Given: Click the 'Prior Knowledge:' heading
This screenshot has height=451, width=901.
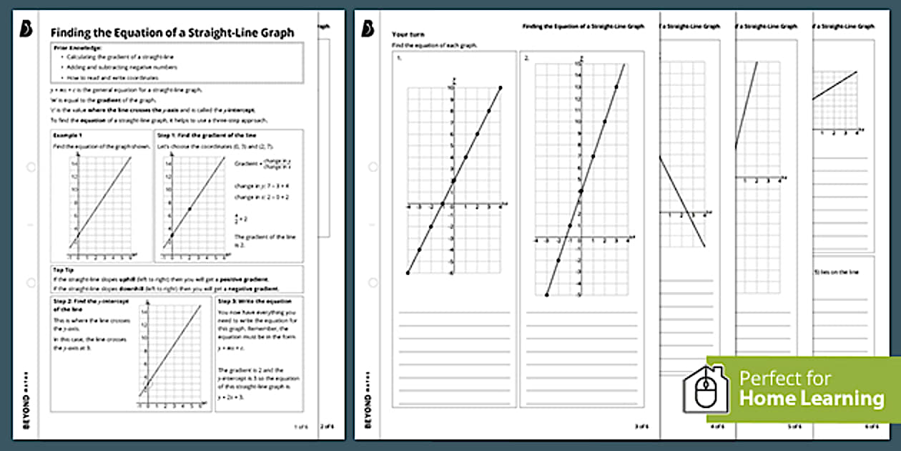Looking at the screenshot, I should (79, 48).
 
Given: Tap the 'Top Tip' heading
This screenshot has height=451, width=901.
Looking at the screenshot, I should (63, 270).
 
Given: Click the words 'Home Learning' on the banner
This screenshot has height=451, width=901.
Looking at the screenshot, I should (812, 398).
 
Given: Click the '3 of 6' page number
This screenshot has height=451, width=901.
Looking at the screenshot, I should (639, 427).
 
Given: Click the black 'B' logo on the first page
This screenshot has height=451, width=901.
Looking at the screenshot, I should (27, 29).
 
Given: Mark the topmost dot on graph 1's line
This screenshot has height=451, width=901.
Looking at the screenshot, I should (501, 87).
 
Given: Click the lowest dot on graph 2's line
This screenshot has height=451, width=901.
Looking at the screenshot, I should (546, 294).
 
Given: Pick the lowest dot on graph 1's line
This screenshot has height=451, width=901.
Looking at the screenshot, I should (408, 273).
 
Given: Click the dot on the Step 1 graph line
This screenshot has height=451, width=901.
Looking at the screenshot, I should (189, 209).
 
